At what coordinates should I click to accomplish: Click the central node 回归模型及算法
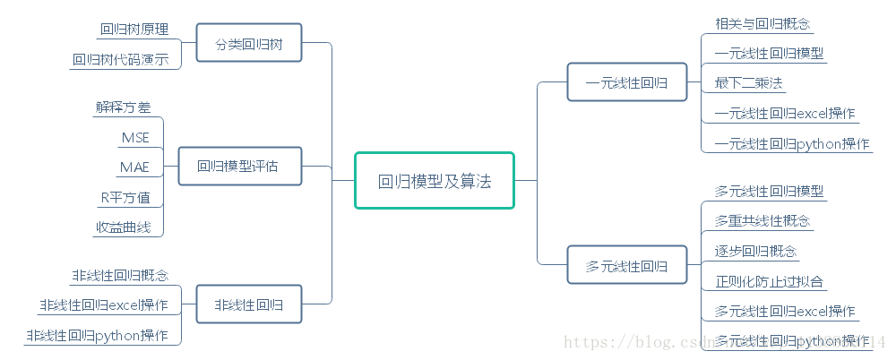[x=435, y=181]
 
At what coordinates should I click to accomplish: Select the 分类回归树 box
[x=248, y=44]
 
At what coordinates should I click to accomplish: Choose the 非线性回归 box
[x=248, y=305]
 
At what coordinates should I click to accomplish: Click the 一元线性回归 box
[x=625, y=82]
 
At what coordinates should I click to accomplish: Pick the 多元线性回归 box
[x=625, y=266]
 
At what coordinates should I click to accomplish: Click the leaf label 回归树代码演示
[x=120, y=61]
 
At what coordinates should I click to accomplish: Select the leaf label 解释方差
[x=123, y=107]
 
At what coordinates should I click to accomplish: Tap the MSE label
[x=134, y=137]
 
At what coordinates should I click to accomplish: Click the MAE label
[x=134, y=167]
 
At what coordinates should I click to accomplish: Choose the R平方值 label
[x=125, y=198]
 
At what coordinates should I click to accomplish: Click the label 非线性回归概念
[x=120, y=275]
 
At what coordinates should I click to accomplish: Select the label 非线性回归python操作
[x=97, y=336]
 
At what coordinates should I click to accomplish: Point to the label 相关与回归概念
[x=762, y=23]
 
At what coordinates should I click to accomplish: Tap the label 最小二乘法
[x=749, y=83]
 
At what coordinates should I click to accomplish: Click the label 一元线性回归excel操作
[x=784, y=114]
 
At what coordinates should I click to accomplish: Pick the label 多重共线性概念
[x=762, y=220]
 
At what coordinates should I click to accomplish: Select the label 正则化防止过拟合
[x=770, y=281]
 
